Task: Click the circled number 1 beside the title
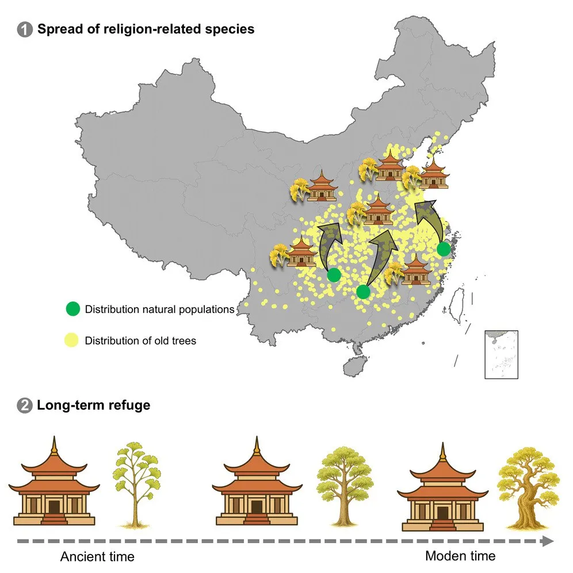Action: (25, 29)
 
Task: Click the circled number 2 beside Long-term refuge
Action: (25, 406)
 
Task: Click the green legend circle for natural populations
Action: (72, 309)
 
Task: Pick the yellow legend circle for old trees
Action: (71, 340)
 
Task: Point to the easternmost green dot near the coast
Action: (444, 249)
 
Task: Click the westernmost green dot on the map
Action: (334, 275)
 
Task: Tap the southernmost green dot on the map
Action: (363, 292)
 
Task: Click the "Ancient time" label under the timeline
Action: (97, 556)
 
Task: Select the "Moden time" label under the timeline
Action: (460, 556)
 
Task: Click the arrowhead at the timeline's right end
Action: (548, 541)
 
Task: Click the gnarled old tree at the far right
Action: (528, 488)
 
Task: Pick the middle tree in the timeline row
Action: (344, 486)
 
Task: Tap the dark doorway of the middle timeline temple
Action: (257, 507)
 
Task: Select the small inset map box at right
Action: (502, 354)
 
